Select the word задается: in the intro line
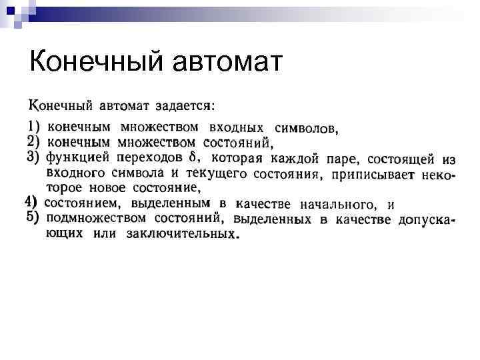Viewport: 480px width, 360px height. [x=185, y=105]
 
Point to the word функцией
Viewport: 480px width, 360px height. [x=77, y=159]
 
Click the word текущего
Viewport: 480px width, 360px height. [x=217, y=174]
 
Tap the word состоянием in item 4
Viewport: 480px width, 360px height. [x=83, y=203]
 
